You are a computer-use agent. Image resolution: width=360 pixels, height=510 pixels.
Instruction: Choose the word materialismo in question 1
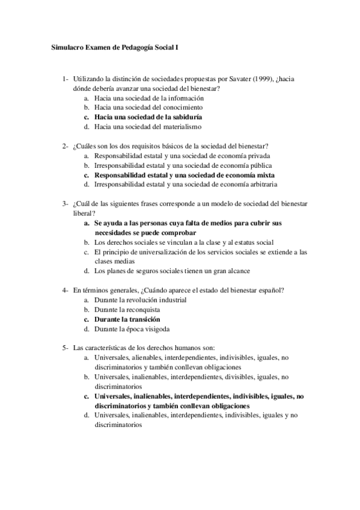(181, 127)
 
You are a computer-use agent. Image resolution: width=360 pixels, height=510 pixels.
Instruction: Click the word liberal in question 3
(84, 213)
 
